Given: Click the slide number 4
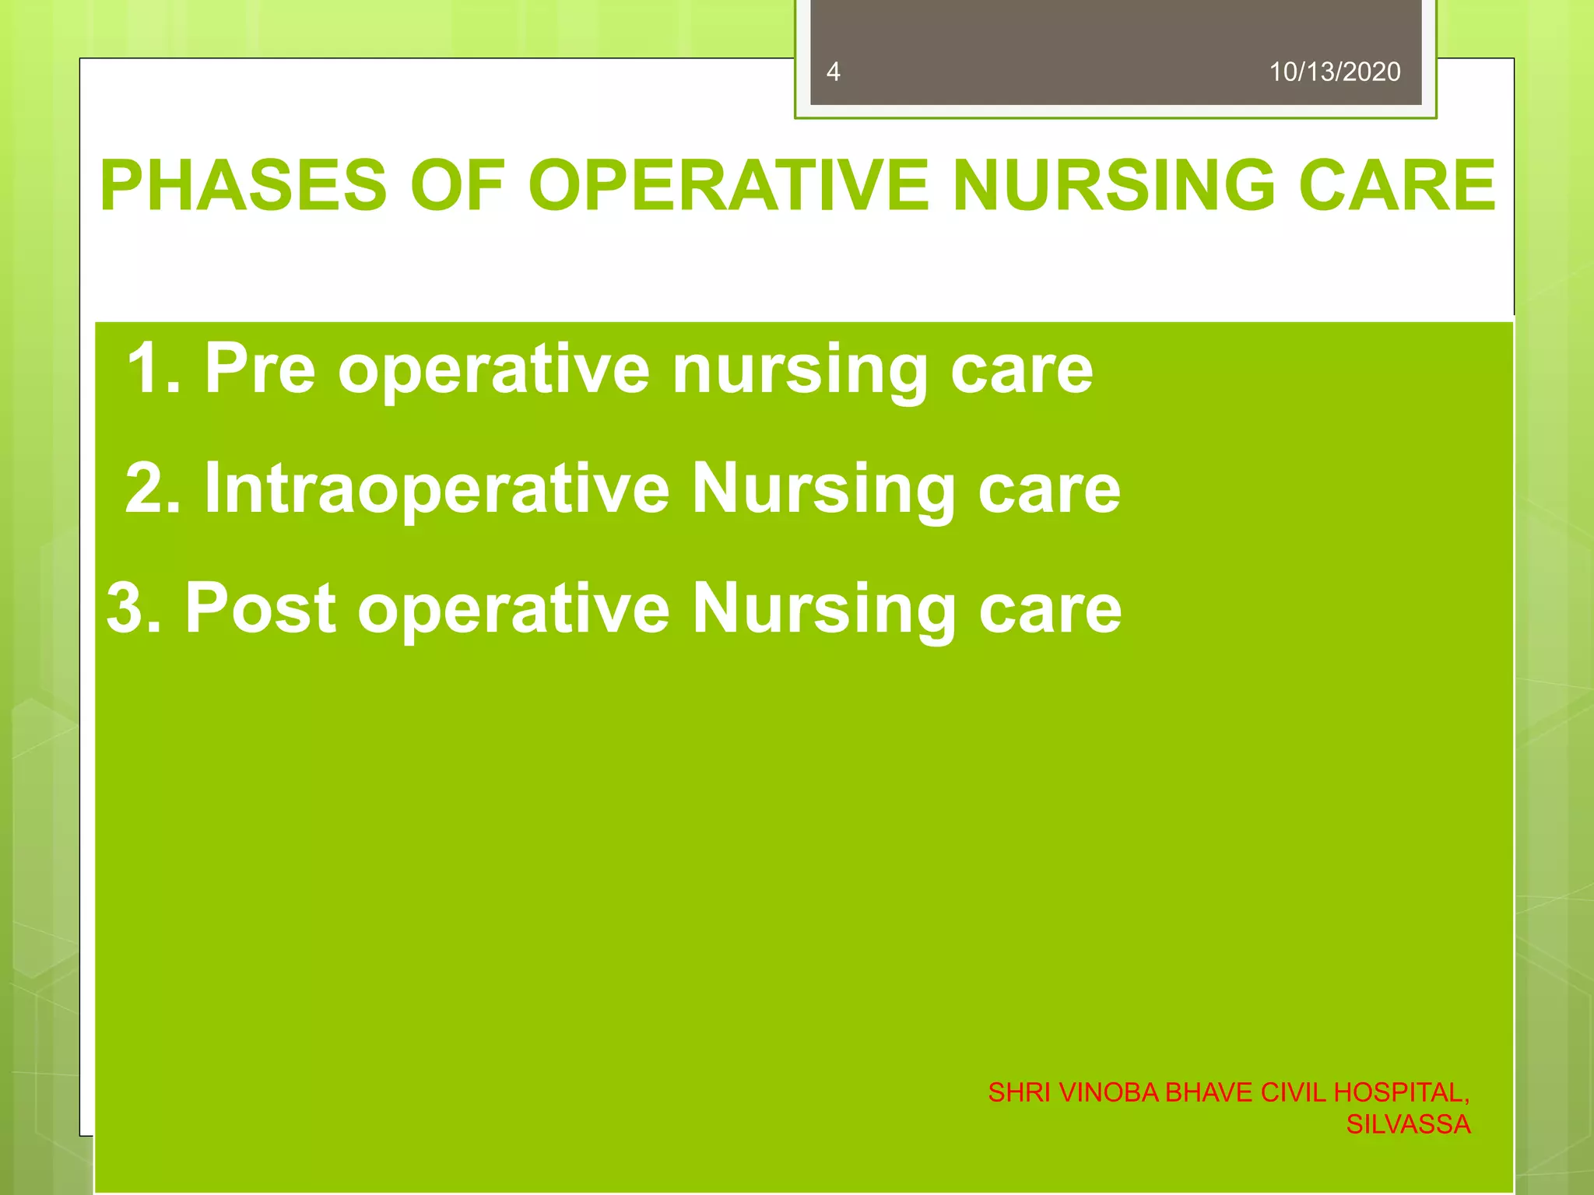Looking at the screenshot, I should pos(833,72).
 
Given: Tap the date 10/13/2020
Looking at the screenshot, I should pos(1334,72).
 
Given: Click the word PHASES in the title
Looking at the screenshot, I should pos(243,185).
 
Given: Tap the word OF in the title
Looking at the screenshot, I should pos(458,185).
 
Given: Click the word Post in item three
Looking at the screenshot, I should pos(260,608).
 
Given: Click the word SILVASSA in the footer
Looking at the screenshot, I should pos(1407,1124).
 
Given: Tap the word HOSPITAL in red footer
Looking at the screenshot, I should pos(1399,1092).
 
